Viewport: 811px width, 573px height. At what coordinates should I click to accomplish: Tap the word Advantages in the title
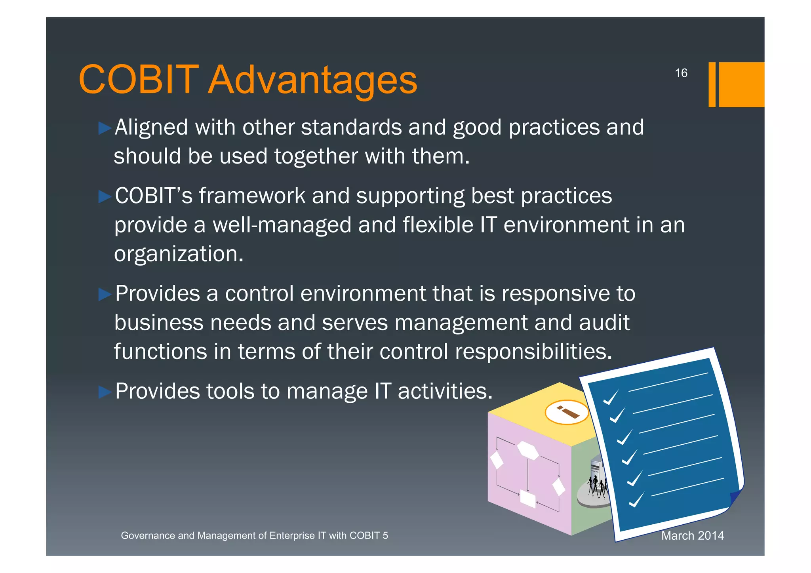pos(312,80)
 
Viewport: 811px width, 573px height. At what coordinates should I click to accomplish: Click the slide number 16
pos(681,73)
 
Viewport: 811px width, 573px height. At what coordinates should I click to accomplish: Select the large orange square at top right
pos(741,84)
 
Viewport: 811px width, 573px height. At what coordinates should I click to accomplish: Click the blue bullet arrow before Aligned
pos(105,128)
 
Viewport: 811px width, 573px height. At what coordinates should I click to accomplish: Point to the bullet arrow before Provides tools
pos(105,392)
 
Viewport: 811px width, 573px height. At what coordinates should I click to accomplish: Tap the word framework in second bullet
pos(252,196)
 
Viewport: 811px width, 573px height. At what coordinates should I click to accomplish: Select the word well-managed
pos(282,225)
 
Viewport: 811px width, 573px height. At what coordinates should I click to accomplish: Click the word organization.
pos(178,254)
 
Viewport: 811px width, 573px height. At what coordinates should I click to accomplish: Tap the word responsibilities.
pos(533,352)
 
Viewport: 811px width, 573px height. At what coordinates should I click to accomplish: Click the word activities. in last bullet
pos(445,392)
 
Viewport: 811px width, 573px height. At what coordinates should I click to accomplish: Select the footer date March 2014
pos(692,535)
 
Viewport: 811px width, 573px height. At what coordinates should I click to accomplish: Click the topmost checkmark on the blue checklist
pos(611,397)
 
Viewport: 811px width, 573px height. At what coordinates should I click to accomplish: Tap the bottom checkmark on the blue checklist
pos(636,500)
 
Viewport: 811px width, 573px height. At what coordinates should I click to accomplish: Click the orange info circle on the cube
pos(567,412)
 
